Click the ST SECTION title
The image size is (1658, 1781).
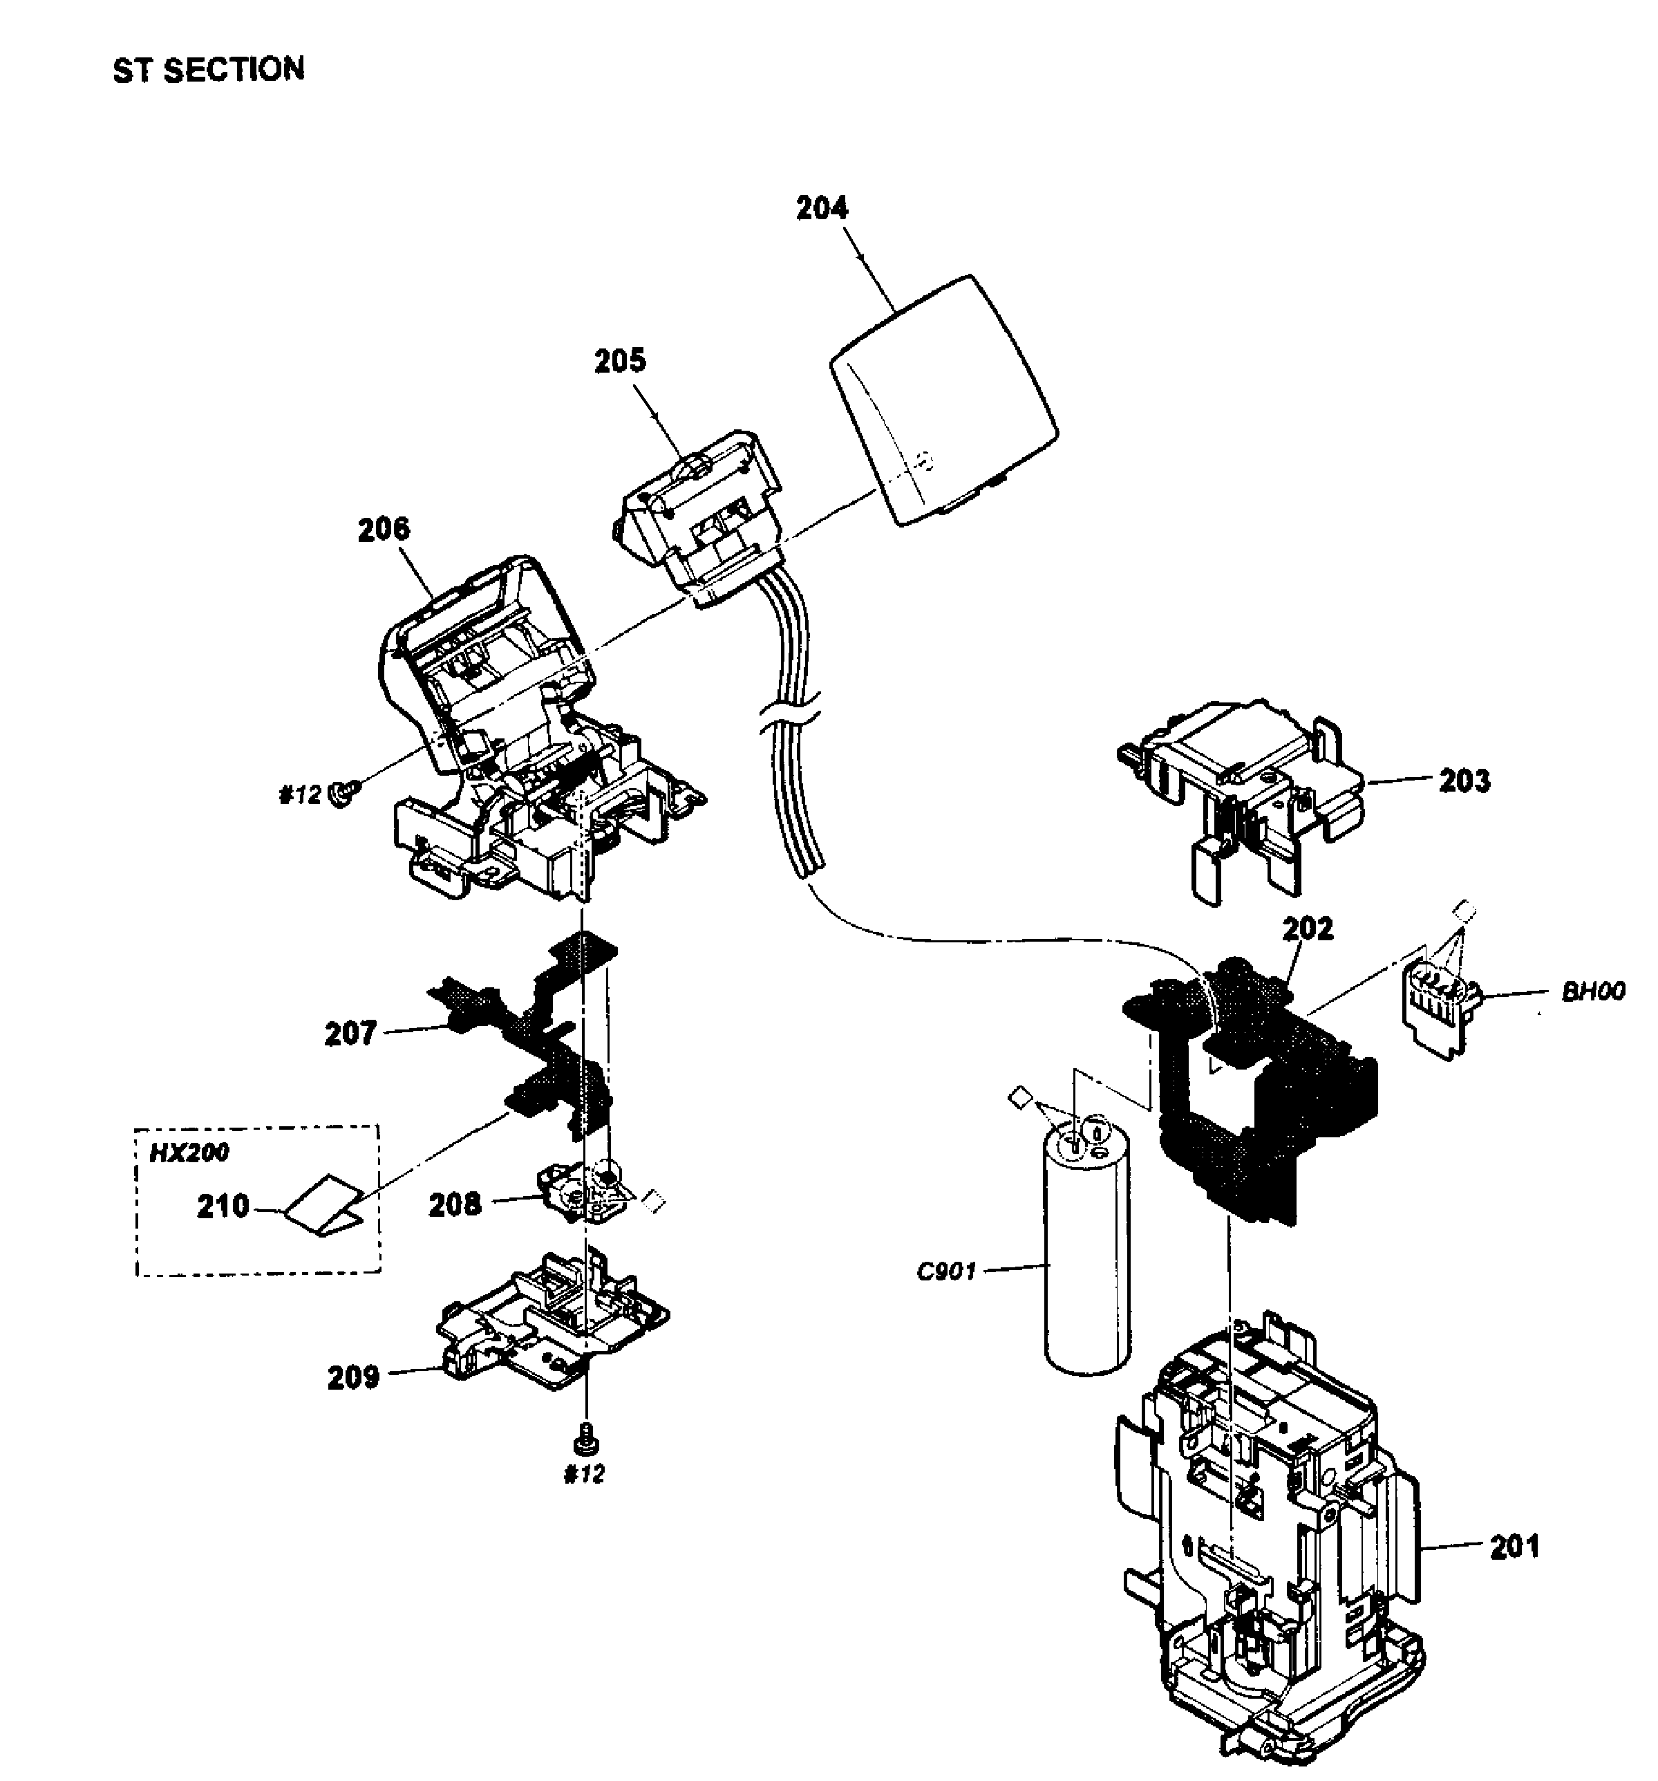pyautogui.click(x=208, y=70)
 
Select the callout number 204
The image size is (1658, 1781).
pyautogui.click(x=821, y=208)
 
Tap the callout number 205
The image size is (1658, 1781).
pyautogui.click(x=620, y=360)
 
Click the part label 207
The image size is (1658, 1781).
pyautogui.click(x=350, y=1033)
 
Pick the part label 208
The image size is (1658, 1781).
pyautogui.click(x=454, y=1205)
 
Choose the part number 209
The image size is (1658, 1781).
pyautogui.click(x=353, y=1377)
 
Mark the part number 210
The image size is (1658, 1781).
pyautogui.click(x=223, y=1206)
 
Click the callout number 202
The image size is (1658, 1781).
pyautogui.click(x=1308, y=928)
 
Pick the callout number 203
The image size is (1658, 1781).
pyautogui.click(x=1464, y=781)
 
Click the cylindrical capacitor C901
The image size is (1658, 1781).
pyautogui.click(x=1086, y=1254)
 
